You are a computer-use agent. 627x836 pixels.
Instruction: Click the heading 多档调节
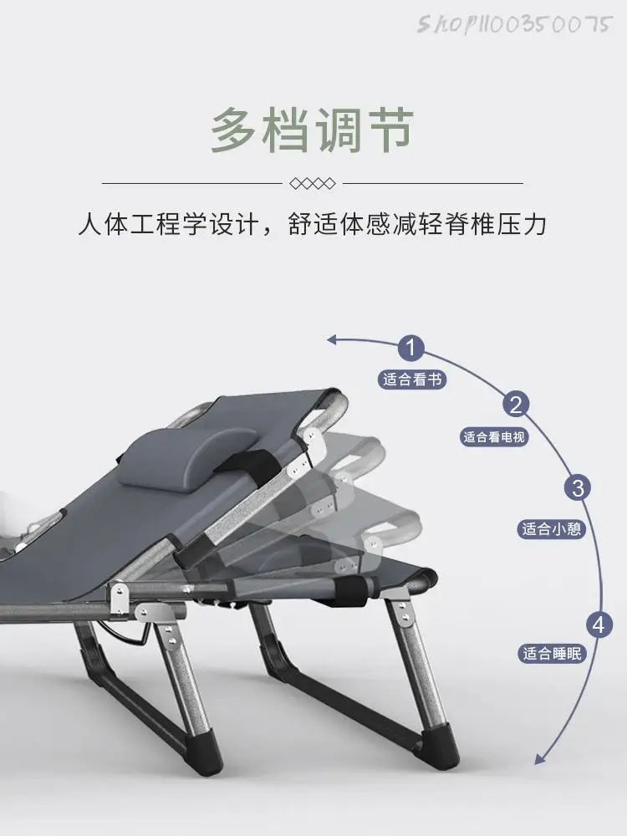click(312, 130)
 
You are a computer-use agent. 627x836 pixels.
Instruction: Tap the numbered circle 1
click(411, 348)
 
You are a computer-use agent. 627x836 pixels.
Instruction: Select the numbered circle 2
click(516, 405)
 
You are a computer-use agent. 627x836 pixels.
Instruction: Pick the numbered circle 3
click(578, 487)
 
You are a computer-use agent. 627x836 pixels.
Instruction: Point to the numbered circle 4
click(597, 624)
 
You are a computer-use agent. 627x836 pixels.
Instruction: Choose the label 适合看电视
click(495, 436)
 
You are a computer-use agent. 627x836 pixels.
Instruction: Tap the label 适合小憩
click(551, 528)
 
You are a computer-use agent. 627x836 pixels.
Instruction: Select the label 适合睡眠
click(551, 654)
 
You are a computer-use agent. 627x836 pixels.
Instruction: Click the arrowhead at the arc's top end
click(333, 339)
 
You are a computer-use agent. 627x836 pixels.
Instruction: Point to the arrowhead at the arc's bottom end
click(540, 760)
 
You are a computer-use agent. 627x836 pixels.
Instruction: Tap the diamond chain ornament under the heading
click(312, 183)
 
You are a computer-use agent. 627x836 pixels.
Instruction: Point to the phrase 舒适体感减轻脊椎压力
click(417, 226)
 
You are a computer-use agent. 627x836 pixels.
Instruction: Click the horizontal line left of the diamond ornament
click(191, 183)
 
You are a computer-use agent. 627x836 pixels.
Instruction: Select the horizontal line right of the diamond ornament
click(432, 183)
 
